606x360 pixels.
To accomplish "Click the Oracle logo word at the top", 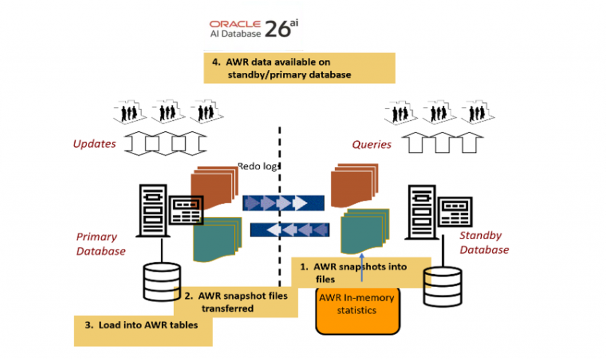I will coord(235,24).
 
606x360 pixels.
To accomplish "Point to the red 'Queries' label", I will coord(372,144).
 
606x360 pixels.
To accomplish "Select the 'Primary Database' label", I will coord(101,244).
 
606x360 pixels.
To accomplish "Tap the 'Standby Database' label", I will coord(484,243).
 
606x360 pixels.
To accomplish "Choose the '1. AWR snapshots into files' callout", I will coord(361,272).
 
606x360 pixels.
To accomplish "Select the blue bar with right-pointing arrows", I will coord(283,203).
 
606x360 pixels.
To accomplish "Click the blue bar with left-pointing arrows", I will coord(289,229).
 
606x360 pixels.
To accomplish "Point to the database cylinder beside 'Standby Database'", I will coord(443,285).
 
